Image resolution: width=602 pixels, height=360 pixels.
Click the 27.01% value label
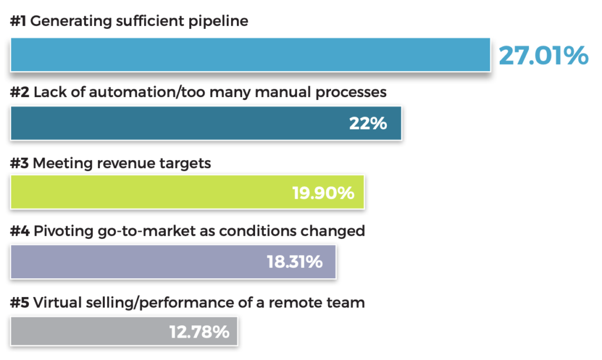coord(544,55)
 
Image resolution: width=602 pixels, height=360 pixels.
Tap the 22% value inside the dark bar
coord(368,124)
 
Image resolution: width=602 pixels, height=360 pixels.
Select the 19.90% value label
coord(323,193)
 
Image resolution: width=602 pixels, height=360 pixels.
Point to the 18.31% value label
coord(295,262)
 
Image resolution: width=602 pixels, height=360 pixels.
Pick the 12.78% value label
coord(199,332)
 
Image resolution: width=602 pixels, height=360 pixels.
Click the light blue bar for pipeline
coord(250,55)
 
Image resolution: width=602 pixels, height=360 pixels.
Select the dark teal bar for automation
coord(206,124)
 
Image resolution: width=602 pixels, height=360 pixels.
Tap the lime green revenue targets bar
coord(188,192)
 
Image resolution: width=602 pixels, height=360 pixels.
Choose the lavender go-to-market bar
coord(173,262)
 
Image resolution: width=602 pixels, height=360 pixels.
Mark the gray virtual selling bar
coord(124,331)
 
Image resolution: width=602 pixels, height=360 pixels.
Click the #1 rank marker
coord(18,21)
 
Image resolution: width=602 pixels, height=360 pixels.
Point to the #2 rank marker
coord(19,92)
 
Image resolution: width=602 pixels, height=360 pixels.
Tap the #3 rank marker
coord(19,164)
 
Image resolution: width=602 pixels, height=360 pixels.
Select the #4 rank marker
coord(19,231)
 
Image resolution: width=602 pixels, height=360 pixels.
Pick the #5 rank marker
coord(19,303)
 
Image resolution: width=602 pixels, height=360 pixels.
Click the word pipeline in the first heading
coord(218,22)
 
